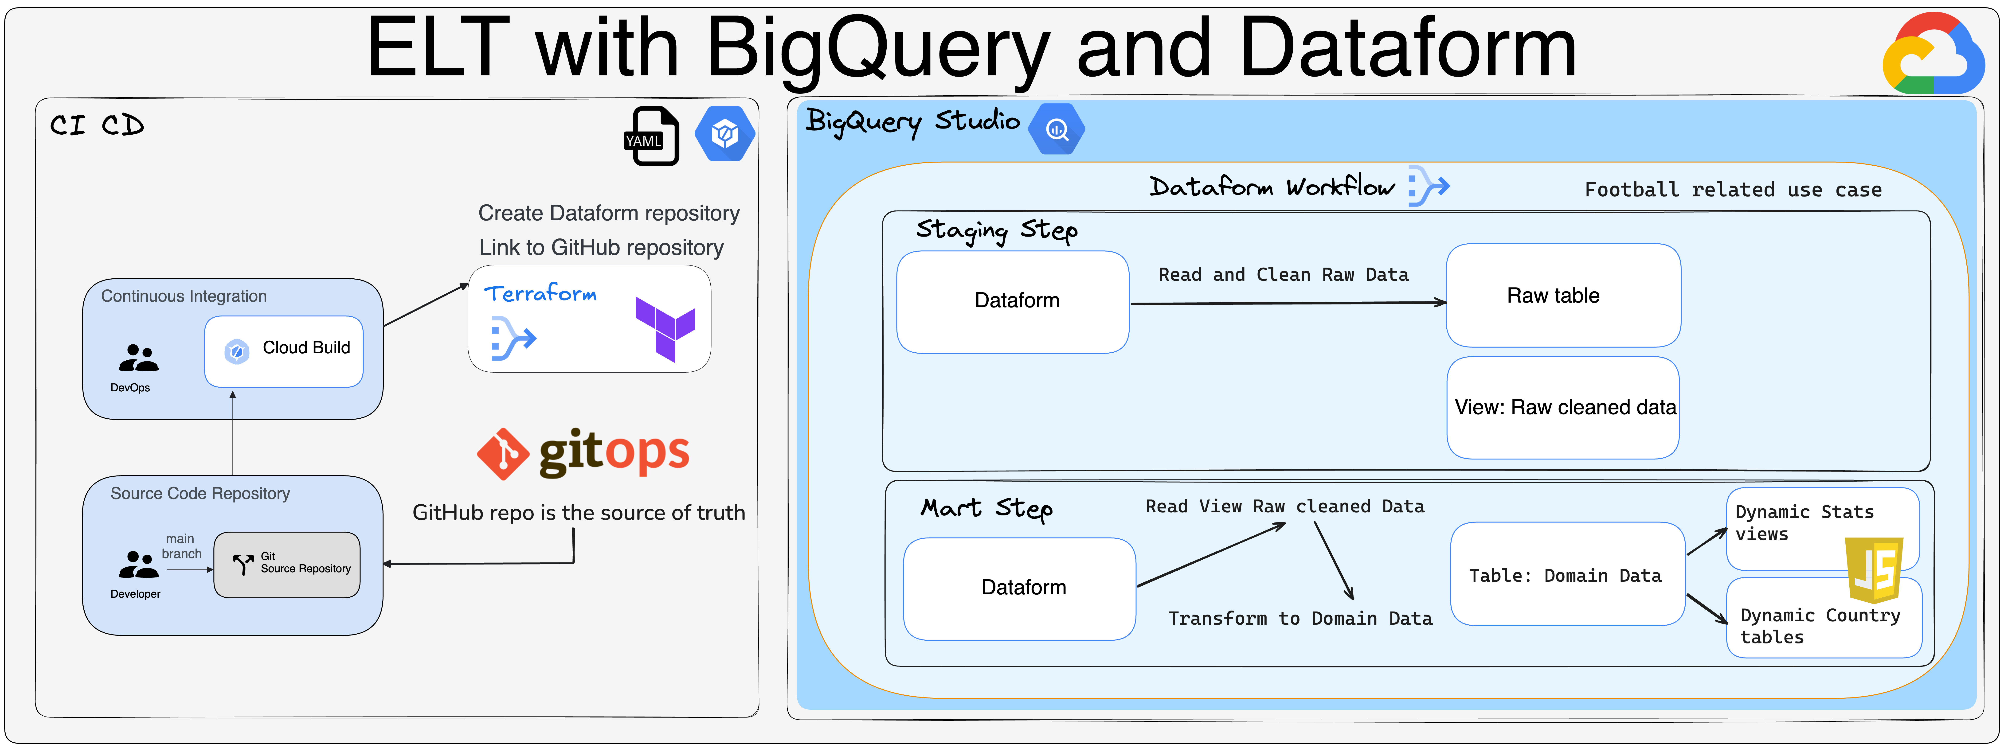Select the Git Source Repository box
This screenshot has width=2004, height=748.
pos(287,565)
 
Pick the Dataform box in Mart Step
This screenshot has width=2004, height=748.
pos(1019,588)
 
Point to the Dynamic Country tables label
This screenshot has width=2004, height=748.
pos(1819,626)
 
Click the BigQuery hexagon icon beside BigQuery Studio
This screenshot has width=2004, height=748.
pos(1057,129)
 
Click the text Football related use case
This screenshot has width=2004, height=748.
pos(1733,190)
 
